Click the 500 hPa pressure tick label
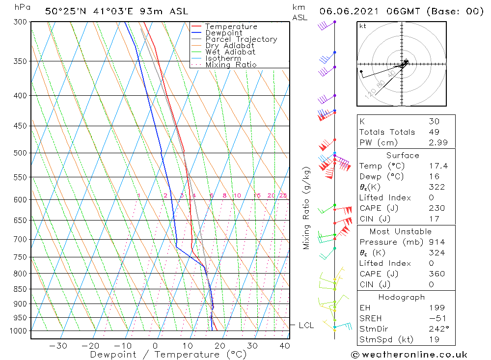(20, 153)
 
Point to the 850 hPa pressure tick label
(20, 289)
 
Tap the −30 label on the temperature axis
(58, 346)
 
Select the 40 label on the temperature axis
(284, 346)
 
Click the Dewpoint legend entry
(224, 33)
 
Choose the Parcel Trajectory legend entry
(241, 39)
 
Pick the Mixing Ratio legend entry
(231, 65)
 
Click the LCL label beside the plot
(306, 326)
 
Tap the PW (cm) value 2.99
(438, 142)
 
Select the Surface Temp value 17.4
(438, 166)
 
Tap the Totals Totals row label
(387, 132)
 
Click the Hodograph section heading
(402, 297)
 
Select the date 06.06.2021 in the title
(349, 11)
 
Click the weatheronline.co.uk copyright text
(409, 355)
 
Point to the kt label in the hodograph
(363, 26)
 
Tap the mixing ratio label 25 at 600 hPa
(283, 195)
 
